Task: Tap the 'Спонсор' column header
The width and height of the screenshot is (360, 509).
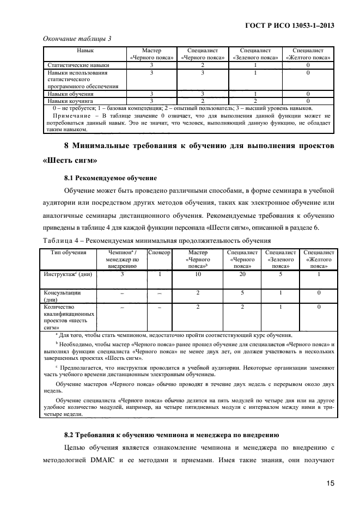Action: point(160,253)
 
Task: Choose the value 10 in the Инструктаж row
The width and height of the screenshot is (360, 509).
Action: point(198,275)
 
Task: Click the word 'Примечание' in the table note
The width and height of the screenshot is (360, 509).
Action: point(74,116)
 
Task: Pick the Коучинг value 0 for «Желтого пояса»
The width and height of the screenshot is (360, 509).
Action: point(308,101)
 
